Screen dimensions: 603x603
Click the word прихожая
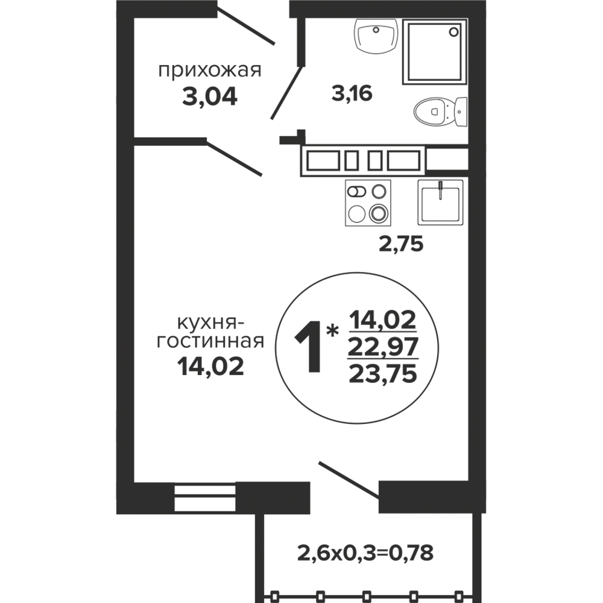pyautogui.click(x=210, y=71)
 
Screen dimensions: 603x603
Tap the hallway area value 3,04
pyautogui.click(x=210, y=96)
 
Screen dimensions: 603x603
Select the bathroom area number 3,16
pyautogui.click(x=352, y=93)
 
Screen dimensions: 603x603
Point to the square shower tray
pyautogui.click(x=435, y=51)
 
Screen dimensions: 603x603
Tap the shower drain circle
pyautogui.click(x=454, y=31)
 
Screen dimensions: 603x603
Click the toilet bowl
pyautogui.click(x=440, y=112)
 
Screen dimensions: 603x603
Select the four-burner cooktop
pyautogui.click(x=368, y=203)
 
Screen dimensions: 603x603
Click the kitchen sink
pyautogui.click(x=441, y=202)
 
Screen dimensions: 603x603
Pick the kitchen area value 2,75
pyautogui.click(x=401, y=244)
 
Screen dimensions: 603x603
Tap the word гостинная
pyautogui.click(x=210, y=341)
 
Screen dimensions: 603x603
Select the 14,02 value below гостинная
pyautogui.click(x=210, y=366)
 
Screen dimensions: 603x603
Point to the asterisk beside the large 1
pyautogui.click(x=332, y=330)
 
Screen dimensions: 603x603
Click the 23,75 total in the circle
pyautogui.click(x=383, y=373)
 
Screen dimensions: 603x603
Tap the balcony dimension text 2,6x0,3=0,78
pyautogui.click(x=365, y=553)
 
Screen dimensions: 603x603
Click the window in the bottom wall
pyautogui.click(x=204, y=497)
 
